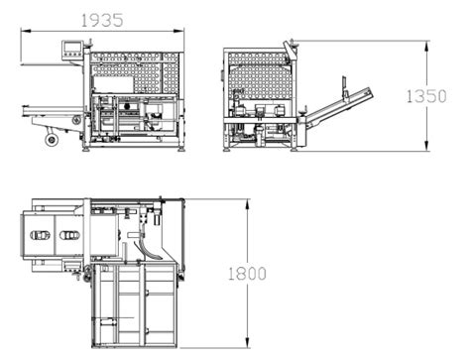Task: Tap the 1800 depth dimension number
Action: [246, 273]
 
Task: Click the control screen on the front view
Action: [71, 46]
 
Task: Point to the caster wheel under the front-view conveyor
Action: [52, 140]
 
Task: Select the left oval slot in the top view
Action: [41, 236]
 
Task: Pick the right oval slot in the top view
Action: [71, 236]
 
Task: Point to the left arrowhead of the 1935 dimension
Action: [24, 30]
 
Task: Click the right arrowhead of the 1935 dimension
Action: [184, 30]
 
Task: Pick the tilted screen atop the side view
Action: [289, 49]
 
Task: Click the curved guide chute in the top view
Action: [151, 244]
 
